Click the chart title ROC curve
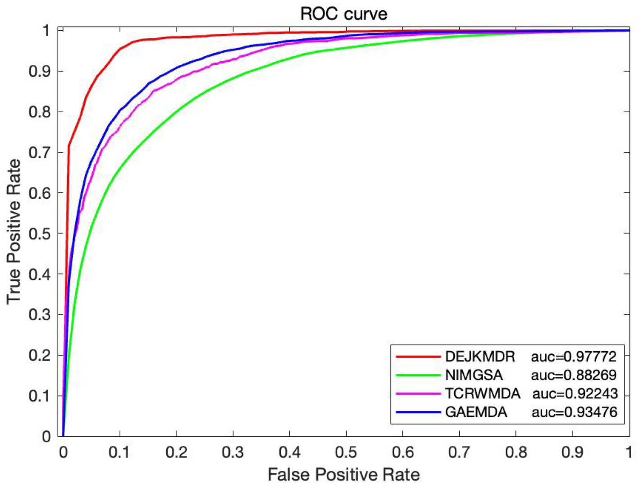click(x=343, y=14)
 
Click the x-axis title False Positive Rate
click(x=343, y=474)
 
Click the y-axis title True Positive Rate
click(x=14, y=231)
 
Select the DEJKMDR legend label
click(x=479, y=357)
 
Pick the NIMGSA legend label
click(x=474, y=375)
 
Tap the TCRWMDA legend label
click(x=482, y=393)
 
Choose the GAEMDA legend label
click(x=476, y=412)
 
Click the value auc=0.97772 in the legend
click(x=573, y=357)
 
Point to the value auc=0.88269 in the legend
click(x=573, y=375)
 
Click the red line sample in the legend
click(x=418, y=357)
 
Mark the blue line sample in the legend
click(x=418, y=412)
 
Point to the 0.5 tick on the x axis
click(x=346, y=452)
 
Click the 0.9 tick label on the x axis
click(x=572, y=452)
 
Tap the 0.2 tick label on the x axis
click(x=176, y=452)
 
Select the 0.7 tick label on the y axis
click(x=40, y=152)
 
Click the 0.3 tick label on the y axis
click(x=40, y=315)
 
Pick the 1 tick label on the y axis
click(x=46, y=31)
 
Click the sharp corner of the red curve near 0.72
click(x=69, y=145)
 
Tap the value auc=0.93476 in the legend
click(x=574, y=412)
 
